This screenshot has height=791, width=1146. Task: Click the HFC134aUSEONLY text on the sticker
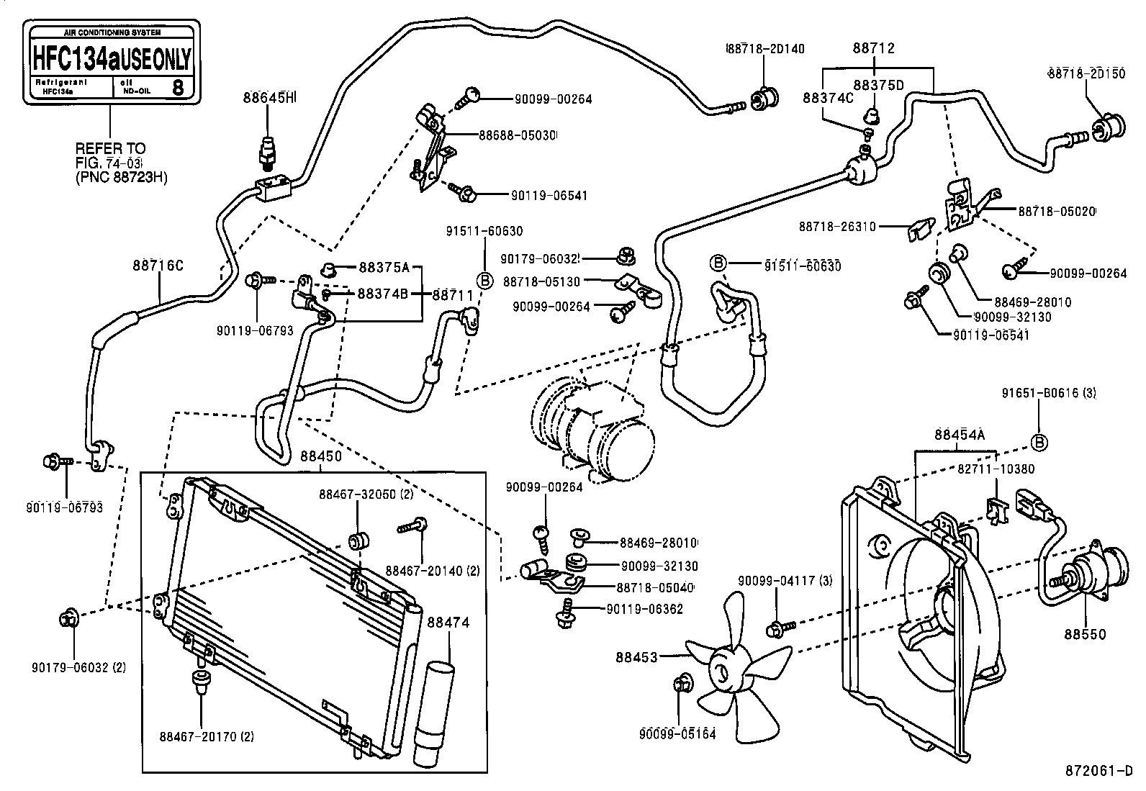coord(112,57)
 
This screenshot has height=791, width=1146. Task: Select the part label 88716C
coord(158,266)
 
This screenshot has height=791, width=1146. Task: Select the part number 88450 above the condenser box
coord(321,456)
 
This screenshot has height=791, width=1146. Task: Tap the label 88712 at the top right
coord(874,48)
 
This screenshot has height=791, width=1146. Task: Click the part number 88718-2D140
coord(764,49)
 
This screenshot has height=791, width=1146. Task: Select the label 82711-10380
coord(996,469)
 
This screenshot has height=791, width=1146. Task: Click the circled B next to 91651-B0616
coord(1039,441)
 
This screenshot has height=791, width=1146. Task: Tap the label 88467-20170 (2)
coord(207,736)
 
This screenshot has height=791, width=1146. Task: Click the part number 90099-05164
coord(677,735)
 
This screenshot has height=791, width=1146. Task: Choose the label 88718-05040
coord(654,587)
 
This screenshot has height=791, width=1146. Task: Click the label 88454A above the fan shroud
coord(960,435)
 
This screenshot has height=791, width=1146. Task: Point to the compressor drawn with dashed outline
coord(597,432)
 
